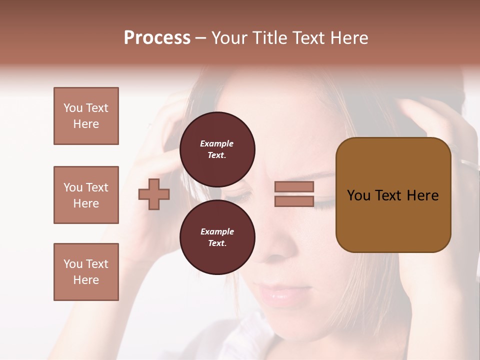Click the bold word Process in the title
point(157,38)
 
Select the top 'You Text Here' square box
point(86,116)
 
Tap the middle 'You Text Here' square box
point(86,195)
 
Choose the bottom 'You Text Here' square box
point(86,272)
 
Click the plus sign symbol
point(154,194)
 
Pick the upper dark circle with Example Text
point(217,149)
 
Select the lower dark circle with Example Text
point(217,237)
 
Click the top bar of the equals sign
point(294,186)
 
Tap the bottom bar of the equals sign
point(294,201)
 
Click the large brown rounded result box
point(393,195)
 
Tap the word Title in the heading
point(270,38)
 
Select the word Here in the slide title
point(350,38)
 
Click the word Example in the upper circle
point(217,143)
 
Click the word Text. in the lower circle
point(217,243)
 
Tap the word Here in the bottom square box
point(86,280)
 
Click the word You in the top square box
point(72,108)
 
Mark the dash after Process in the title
point(200,38)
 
